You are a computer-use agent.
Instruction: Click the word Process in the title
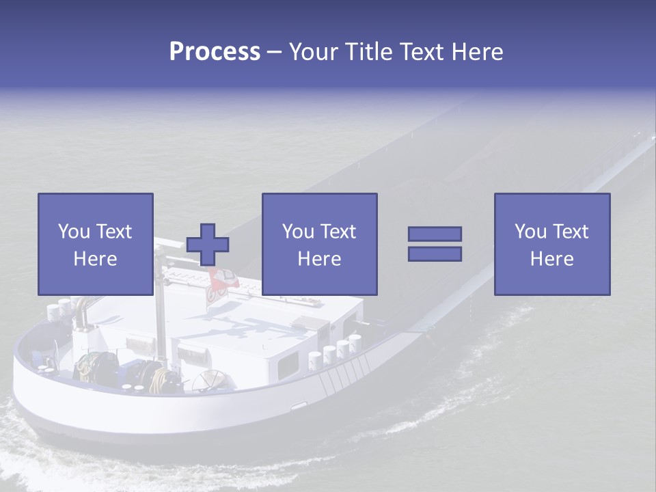click(x=215, y=52)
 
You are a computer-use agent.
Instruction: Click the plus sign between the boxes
click(x=208, y=244)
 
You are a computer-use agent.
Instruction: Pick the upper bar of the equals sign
click(x=435, y=234)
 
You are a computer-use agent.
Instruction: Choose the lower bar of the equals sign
click(x=435, y=254)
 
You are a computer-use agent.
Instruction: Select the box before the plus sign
click(x=95, y=244)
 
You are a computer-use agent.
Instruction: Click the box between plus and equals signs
click(x=319, y=244)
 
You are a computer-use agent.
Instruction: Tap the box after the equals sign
click(x=551, y=244)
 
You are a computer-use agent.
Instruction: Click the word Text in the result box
click(x=571, y=232)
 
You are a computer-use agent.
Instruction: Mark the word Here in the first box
click(x=95, y=259)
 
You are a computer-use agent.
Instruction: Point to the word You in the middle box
click(x=298, y=232)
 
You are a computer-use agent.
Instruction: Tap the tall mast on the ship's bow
click(x=161, y=307)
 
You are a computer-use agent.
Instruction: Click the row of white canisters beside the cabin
click(x=335, y=350)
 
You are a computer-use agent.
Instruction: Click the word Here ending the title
click(x=478, y=52)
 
